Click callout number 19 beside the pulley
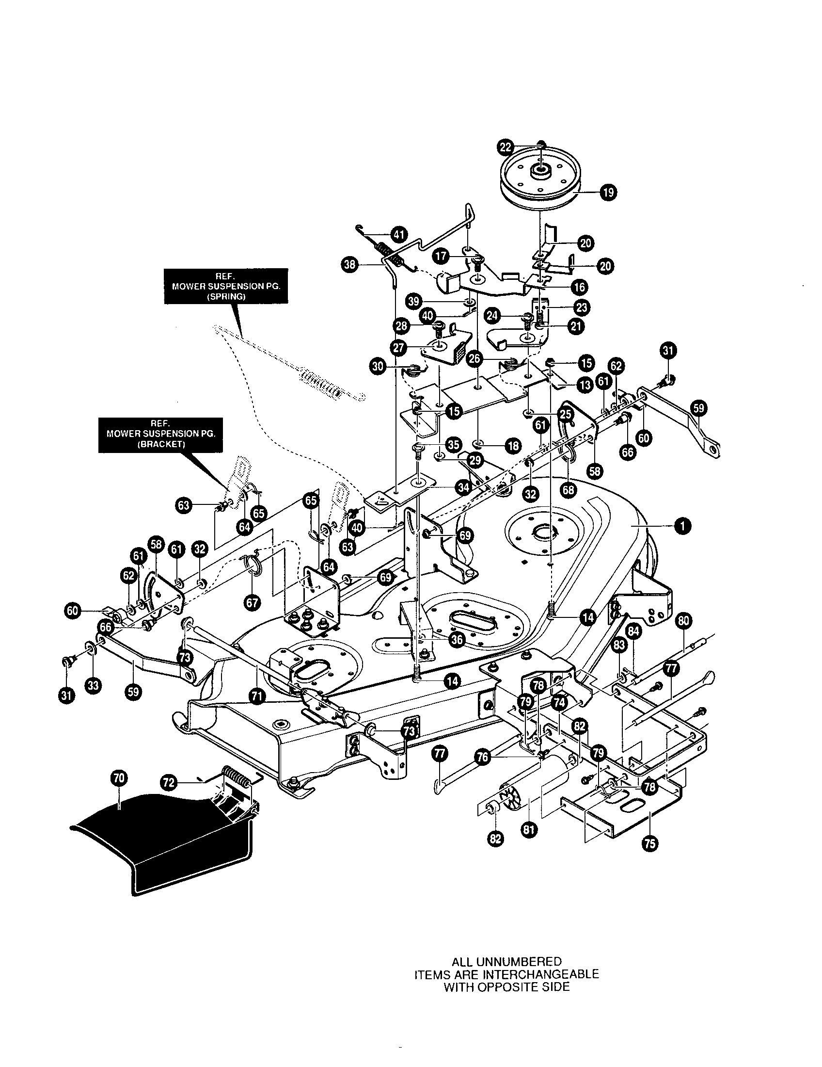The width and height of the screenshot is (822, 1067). click(608, 193)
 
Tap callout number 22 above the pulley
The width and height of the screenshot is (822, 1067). click(505, 146)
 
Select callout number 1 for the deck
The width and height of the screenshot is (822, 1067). click(682, 526)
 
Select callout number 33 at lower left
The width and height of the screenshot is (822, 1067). click(93, 686)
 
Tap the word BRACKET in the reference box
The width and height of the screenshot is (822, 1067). click(160, 445)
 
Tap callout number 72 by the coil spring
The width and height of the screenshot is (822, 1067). click(168, 782)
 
